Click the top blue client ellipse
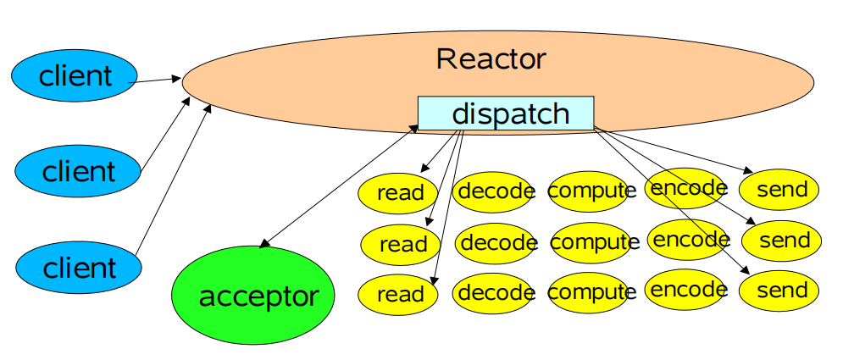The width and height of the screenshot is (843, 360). coord(75,76)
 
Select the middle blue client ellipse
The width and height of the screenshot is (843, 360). coord(78,172)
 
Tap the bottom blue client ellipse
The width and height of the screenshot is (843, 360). coord(78,268)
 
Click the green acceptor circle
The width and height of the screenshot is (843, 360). coord(258,296)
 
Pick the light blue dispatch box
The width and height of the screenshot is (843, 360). coord(506,114)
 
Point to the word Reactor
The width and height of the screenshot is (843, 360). coord(491,59)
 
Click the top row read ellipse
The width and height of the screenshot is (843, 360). coord(399,192)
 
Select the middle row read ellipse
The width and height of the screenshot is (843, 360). coord(402,245)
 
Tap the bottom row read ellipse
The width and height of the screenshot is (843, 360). coord(399,294)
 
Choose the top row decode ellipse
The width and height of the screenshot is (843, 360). coord(494,191)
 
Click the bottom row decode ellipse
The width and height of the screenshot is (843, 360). coord(496,293)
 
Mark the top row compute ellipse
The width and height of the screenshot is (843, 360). coord(591,191)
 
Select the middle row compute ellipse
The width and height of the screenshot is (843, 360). coord(594,242)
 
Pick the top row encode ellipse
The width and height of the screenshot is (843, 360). coord(687,188)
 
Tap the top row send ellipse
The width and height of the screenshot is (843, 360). coord(779,190)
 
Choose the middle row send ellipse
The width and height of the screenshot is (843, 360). coord(782,241)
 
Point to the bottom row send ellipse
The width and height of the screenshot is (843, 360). coord(779,291)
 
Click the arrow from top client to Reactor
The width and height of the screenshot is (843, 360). coord(158,80)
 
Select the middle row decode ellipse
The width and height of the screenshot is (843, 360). coord(497,244)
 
